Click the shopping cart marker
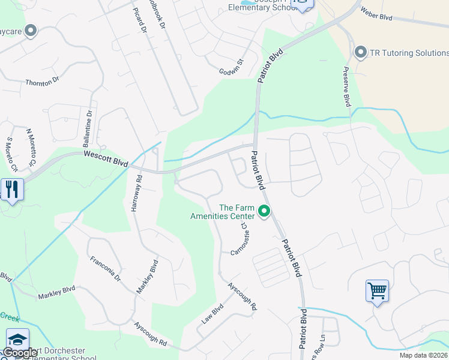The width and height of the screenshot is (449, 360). [x=377, y=291]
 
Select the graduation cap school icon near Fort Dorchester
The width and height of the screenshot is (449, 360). [x=17, y=340]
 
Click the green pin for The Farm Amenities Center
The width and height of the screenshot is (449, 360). [x=263, y=211]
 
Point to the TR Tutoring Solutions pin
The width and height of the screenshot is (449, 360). [x=361, y=53]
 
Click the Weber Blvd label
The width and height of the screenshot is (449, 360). [x=376, y=14]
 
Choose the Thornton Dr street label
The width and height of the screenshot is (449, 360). [x=41, y=83]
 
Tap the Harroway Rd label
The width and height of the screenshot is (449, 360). [x=136, y=191]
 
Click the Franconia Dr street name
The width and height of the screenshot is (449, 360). [x=105, y=269]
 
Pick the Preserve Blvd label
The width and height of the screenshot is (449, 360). [x=346, y=87]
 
